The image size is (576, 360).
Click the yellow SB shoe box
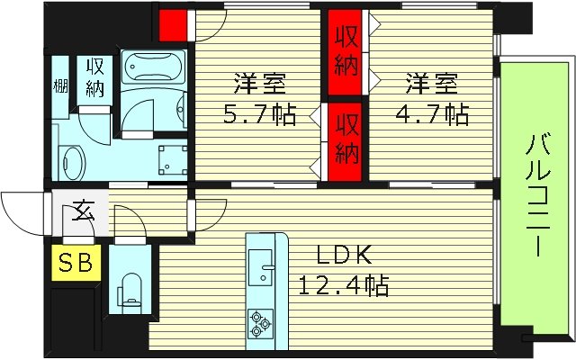tap(76, 263)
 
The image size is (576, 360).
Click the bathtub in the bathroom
tap(154, 67)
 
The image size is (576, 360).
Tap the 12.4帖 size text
tap(344, 287)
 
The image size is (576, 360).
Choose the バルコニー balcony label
tap(537, 193)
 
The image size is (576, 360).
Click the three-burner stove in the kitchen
tap(261, 322)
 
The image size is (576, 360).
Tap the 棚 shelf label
tap(59, 87)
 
